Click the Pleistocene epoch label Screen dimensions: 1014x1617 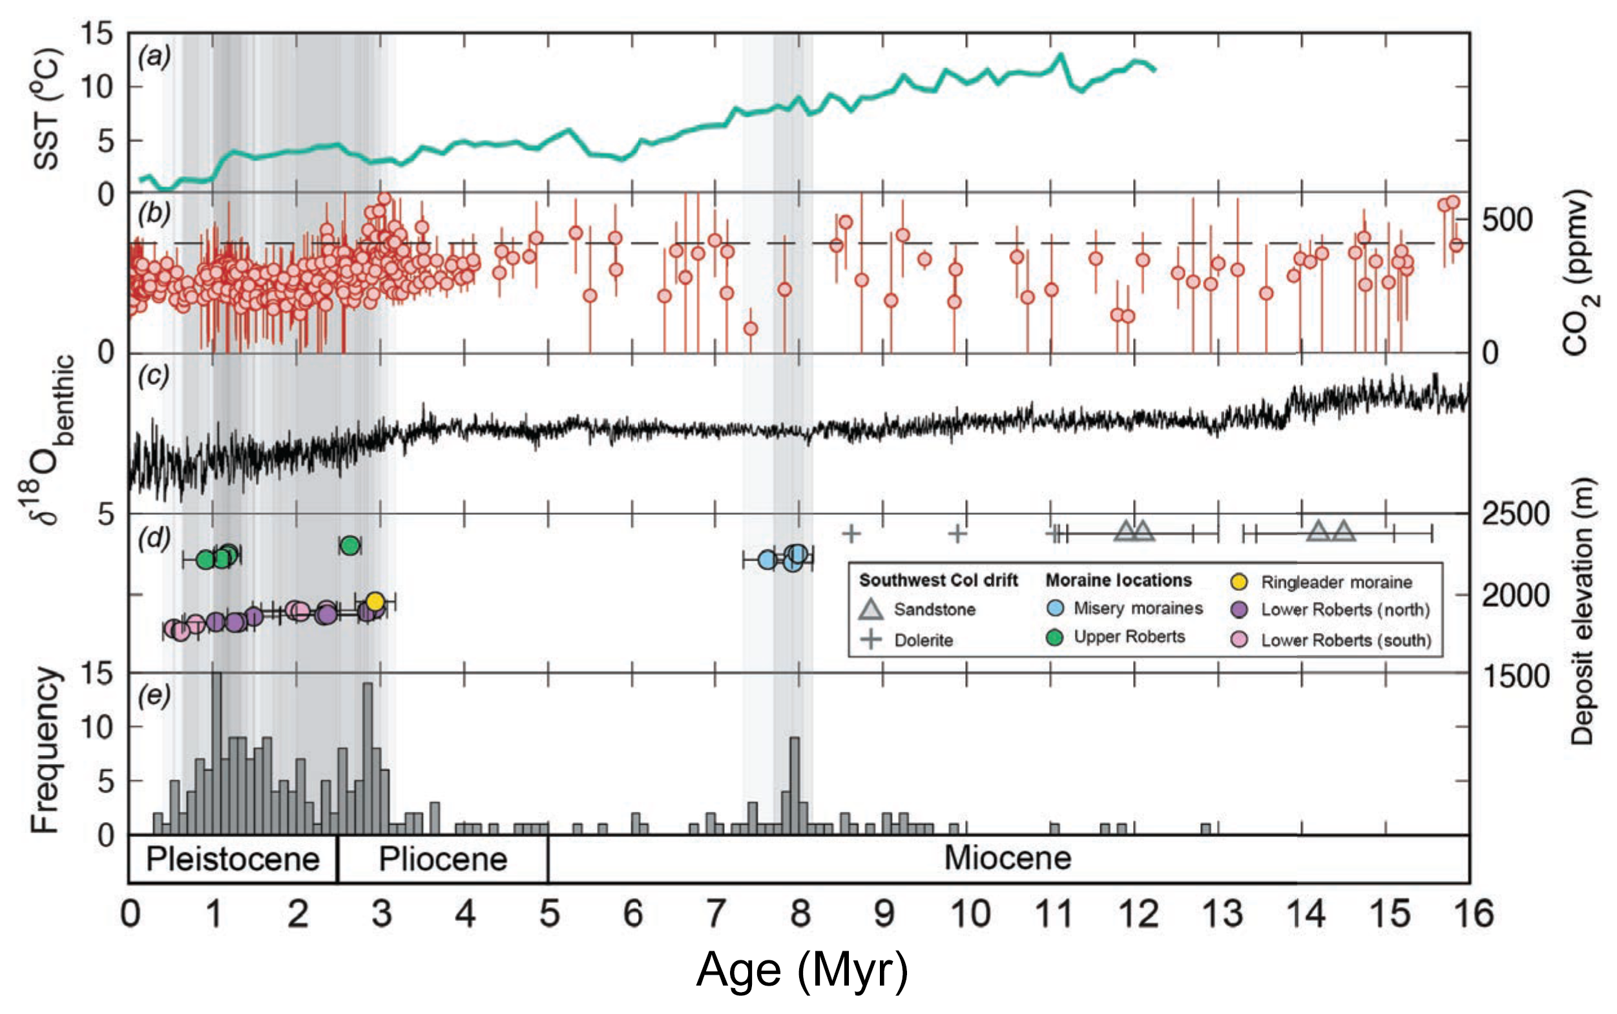(233, 859)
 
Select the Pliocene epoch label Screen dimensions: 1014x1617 (443, 859)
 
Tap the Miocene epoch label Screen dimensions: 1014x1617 (1007, 858)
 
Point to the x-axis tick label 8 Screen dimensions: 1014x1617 (800, 913)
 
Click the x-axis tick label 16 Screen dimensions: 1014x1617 (1472, 913)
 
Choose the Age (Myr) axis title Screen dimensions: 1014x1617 (802, 969)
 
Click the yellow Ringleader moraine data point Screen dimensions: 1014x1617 (375, 600)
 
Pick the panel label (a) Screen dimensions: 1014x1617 (154, 56)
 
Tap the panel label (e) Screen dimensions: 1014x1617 (154, 696)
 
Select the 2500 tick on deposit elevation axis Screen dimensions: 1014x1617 (1515, 513)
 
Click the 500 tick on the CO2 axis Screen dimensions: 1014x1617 (1507, 220)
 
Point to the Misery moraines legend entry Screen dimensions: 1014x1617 (1138, 608)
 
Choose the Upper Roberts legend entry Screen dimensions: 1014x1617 (1129, 636)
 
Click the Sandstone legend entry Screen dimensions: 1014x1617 (934, 610)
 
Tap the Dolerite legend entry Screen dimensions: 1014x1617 (923, 640)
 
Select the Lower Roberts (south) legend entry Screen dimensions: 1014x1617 (1346, 640)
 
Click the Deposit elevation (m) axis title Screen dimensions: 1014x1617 (1581, 611)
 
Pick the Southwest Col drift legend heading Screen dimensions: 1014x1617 (938, 580)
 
